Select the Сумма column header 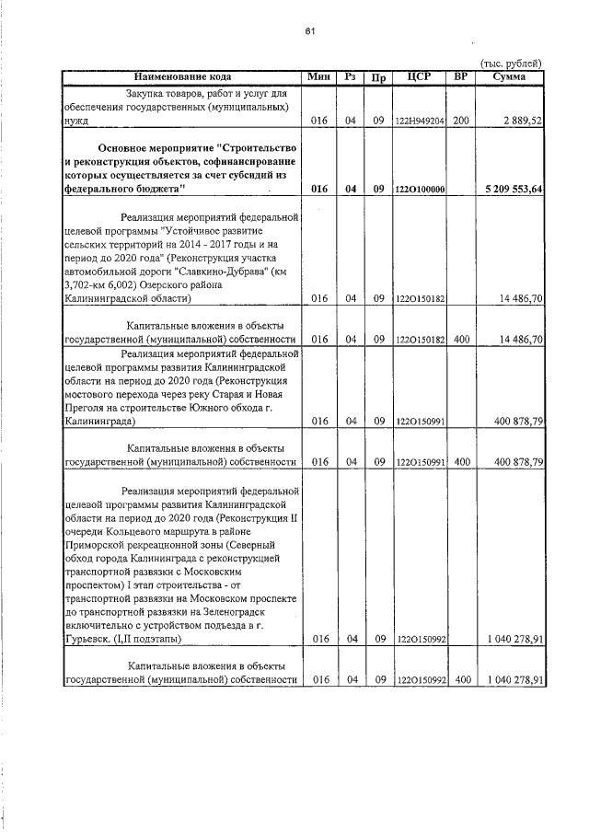tap(509, 76)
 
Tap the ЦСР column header tap(419, 76)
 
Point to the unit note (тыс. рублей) tap(512, 62)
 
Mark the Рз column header tap(350, 76)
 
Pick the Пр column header tap(377, 77)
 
